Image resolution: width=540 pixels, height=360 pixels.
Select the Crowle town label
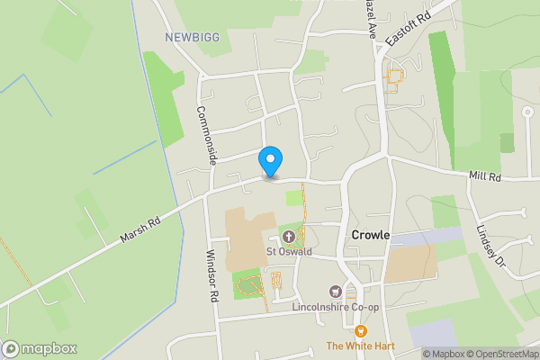(x=370, y=235)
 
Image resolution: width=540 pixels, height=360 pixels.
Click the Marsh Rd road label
(x=141, y=229)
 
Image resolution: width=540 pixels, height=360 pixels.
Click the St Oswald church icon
(x=289, y=237)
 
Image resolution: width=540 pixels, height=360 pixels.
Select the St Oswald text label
(x=289, y=252)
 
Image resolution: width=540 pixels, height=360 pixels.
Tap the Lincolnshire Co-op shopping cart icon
(x=337, y=291)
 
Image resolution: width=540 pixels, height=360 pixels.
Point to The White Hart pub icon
(x=361, y=331)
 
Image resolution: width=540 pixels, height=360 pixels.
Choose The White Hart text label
(x=360, y=346)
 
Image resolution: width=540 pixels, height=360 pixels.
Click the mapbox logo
(x=40, y=348)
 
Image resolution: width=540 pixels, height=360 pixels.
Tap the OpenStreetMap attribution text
(x=501, y=354)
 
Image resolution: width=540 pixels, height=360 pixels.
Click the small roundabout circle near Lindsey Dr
(x=527, y=112)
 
